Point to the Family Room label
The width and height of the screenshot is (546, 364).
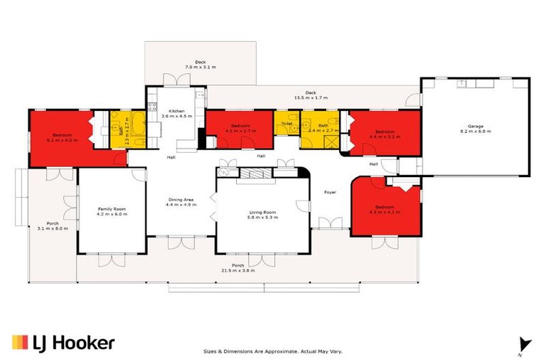click(x=110, y=210)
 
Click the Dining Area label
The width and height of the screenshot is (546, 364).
click(x=181, y=201)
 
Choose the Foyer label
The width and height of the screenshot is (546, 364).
click(x=330, y=192)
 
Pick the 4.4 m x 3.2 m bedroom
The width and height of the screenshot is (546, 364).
click(x=385, y=133)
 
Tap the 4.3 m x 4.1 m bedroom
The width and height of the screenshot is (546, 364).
click(x=385, y=209)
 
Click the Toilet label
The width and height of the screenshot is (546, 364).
click(x=287, y=124)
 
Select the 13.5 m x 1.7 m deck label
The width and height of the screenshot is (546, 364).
click(x=310, y=95)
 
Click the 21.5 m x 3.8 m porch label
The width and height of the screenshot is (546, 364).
click(x=238, y=268)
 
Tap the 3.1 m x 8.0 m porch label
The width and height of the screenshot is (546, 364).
click(x=52, y=225)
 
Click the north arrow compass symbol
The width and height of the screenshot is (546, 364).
click(x=524, y=345)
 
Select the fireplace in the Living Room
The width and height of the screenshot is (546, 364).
click(x=255, y=173)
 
